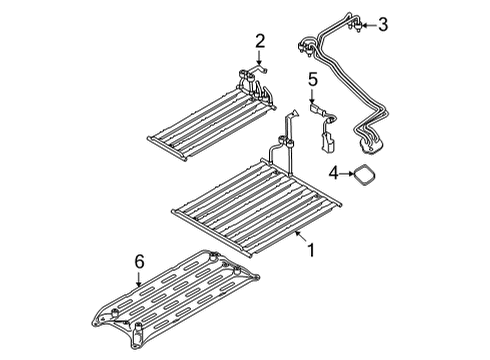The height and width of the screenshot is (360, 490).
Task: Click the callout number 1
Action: point(311,250)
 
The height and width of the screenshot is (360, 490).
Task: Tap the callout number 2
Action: point(260,41)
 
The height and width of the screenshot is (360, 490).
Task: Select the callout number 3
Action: point(383,25)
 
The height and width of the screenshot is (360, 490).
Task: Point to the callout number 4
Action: point(334,173)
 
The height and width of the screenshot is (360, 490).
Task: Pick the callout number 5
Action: point(313,80)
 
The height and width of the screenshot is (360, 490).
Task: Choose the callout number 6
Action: point(140,261)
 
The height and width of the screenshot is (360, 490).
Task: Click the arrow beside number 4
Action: point(347,173)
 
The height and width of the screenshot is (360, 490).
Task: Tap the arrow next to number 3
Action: point(369,25)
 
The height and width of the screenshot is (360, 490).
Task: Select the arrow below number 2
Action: point(259,57)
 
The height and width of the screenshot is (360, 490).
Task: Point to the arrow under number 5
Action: point(312,96)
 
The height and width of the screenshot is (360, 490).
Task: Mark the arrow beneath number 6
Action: point(139,279)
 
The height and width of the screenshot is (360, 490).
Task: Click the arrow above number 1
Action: point(302,237)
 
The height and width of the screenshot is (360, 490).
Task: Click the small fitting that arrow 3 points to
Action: point(358,26)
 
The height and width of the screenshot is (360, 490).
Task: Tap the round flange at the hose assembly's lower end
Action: point(368,147)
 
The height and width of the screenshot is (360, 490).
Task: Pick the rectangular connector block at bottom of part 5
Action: point(327,142)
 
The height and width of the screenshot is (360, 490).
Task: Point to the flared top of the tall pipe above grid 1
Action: point(293,113)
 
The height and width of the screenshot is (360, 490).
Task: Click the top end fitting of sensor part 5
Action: point(315,109)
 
